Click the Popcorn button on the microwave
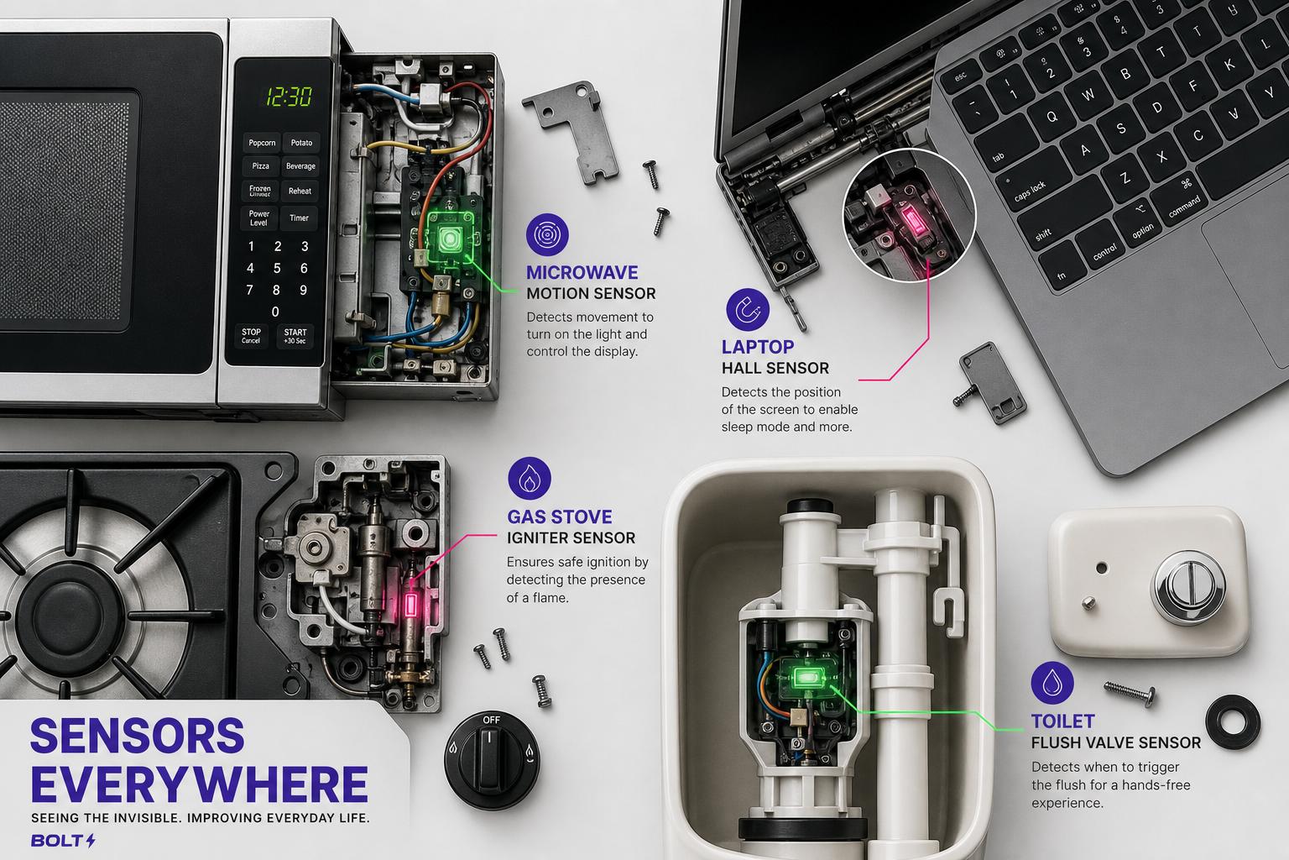262,143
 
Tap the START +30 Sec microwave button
295,337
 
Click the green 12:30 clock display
289,97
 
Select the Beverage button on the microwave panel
300,166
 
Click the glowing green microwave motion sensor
450,239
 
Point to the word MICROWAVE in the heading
582,272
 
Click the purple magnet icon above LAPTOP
748,309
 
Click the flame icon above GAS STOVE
530,478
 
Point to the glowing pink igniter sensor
411,606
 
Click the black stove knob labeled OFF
491,760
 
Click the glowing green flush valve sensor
805,678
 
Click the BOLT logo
63,841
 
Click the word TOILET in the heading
1062,721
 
